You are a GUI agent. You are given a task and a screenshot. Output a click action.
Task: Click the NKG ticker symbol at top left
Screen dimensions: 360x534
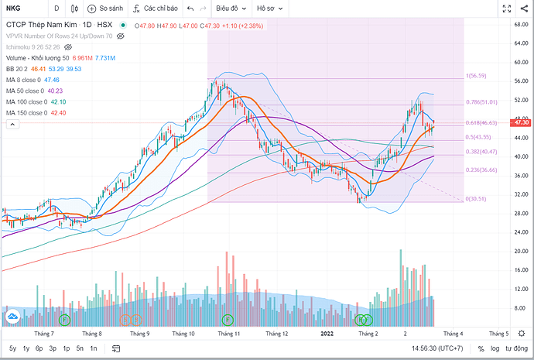(14, 9)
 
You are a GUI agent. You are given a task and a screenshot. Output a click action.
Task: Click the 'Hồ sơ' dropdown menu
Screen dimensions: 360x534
(270, 9)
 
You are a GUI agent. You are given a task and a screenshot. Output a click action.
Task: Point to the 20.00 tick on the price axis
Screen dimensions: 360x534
(521, 252)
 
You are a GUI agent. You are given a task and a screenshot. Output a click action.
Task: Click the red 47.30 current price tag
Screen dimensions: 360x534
(521, 122)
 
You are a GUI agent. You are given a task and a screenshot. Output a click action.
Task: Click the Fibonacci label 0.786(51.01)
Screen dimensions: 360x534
(481, 101)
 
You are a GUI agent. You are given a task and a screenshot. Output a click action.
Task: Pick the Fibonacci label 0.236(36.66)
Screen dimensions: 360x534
(481, 170)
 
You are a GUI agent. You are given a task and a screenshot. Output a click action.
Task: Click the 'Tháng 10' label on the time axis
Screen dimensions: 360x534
(183, 334)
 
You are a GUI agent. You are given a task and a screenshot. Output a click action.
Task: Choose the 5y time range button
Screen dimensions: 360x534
(12, 348)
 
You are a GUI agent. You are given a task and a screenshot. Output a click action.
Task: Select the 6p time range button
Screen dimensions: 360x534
(39, 348)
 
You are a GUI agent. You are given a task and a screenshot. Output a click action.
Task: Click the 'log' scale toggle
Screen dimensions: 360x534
(495, 348)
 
